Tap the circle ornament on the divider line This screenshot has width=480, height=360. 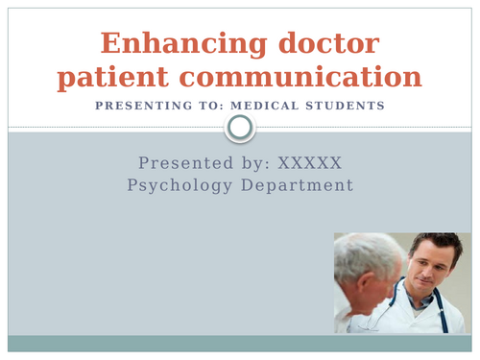click(x=240, y=127)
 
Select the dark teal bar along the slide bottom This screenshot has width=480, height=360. click(x=240, y=344)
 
